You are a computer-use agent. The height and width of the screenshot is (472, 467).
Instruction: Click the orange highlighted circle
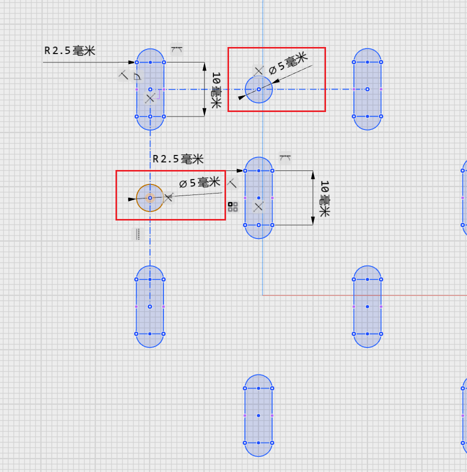pyautogui.click(x=150, y=198)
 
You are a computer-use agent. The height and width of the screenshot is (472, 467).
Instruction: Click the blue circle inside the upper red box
pyautogui.click(x=259, y=89)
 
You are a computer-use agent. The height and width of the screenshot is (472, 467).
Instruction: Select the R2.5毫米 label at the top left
pyautogui.click(x=69, y=50)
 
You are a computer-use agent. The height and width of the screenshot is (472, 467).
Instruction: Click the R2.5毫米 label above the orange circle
pyautogui.click(x=178, y=159)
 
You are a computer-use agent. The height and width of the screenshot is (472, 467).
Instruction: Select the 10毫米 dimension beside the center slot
pyautogui.click(x=324, y=198)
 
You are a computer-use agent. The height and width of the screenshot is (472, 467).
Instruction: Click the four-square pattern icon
pyautogui.click(x=232, y=207)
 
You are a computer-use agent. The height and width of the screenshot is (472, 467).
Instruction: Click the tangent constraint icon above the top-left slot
pyautogui.click(x=176, y=49)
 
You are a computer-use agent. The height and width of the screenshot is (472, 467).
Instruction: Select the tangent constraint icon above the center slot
pyautogui.click(x=285, y=158)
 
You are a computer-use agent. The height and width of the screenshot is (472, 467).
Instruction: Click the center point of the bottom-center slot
pyautogui.click(x=258, y=415)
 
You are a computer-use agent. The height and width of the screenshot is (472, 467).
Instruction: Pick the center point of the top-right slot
pyautogui.click(x=367, y=89)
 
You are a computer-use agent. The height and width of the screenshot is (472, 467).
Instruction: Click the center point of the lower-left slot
pyautogui.click(x=150, y=306)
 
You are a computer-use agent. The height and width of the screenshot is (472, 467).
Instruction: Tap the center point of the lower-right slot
pyautogui.click(x=367, y=306)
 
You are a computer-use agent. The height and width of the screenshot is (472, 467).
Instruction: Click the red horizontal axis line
pyautogui.click(x=365, y=295)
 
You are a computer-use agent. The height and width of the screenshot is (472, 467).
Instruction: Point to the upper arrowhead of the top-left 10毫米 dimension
pyautogui.click(x=204, y=66)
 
